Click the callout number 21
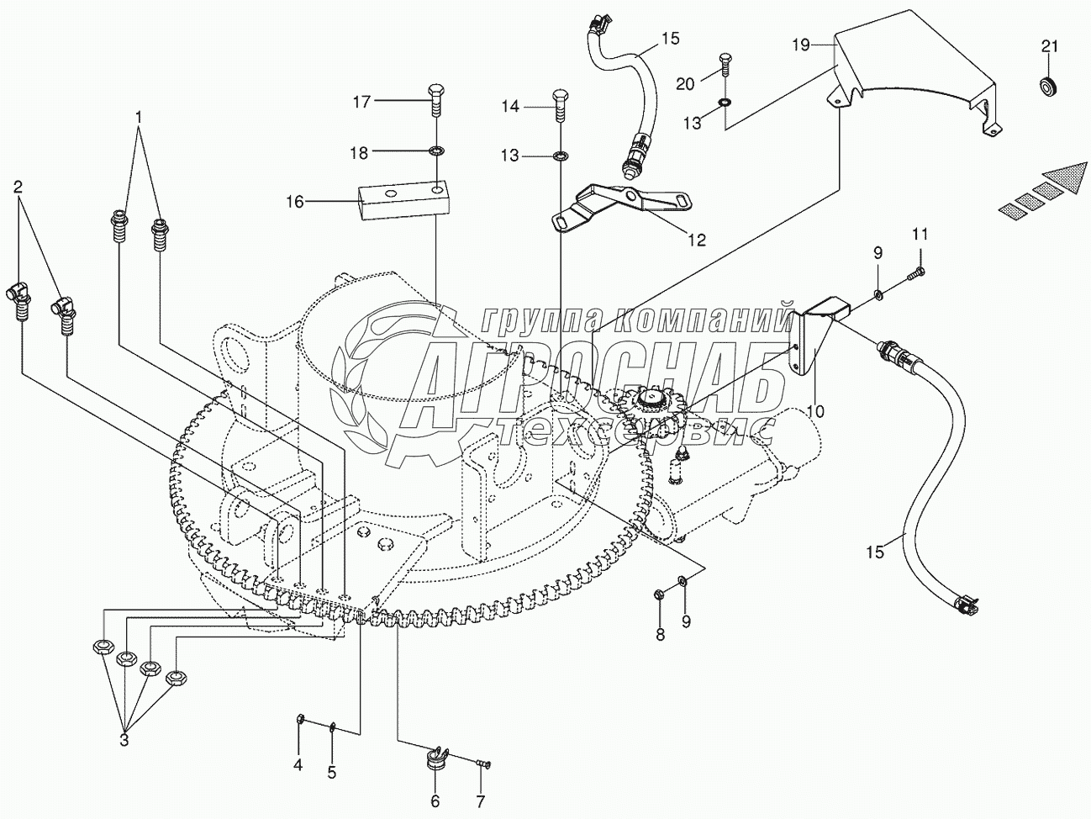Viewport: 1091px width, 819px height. pos(1049,47)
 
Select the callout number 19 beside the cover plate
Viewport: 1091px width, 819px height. pos(800,45)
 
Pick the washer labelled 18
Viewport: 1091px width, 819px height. pos(436,151)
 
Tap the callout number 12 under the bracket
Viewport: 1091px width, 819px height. pos(697,240)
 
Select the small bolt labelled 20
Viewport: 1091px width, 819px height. pos(725,63)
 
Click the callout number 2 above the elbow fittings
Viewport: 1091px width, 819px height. pos(18,188)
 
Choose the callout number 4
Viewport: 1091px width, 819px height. pos(298,766)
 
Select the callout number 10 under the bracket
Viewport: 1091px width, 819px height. pos(815,411)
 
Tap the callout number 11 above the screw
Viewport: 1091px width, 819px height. pos(920,235)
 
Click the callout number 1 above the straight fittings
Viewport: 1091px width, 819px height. pos(139,118)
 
